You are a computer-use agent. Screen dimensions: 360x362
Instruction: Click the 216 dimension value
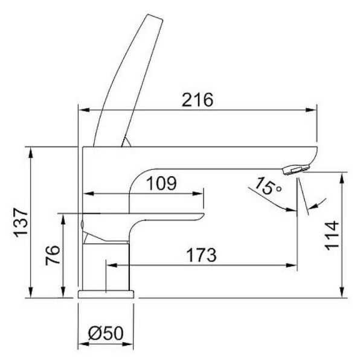(198, 100)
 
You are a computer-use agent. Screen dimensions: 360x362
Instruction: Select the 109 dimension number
(161, 183)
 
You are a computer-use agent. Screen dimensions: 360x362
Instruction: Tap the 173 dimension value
(202, 255)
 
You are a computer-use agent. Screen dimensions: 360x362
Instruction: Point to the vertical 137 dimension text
(22, 222)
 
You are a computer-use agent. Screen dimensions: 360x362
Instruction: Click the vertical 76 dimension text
(53, 255)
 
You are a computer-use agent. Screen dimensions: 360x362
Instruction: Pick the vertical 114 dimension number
(332, 235)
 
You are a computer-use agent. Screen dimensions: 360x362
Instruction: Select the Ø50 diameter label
(106, 333)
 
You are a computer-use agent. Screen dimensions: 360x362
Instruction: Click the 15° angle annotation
(268, 186)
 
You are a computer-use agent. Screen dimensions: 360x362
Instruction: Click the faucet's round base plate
(106, 294)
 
